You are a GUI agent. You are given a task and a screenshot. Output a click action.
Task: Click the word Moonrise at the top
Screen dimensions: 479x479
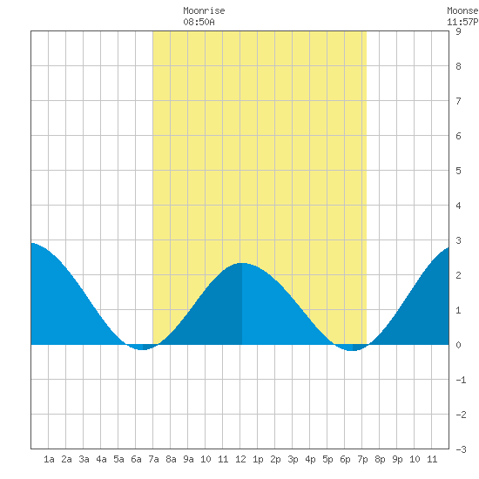point(204,10)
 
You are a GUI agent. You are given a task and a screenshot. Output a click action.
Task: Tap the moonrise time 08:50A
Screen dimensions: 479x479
point(199,22)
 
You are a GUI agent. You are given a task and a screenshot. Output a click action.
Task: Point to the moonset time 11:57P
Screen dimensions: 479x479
point(462,22)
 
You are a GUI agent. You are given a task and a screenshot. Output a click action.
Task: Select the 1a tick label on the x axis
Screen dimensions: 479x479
point(49,459)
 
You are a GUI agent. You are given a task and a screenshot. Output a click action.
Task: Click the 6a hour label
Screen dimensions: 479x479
point(136,459)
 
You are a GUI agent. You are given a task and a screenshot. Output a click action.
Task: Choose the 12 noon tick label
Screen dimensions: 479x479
point(240,459)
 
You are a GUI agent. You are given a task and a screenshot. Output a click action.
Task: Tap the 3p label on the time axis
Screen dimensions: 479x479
point(293,460)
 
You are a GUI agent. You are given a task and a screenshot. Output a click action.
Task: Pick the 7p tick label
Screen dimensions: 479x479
point(362,460)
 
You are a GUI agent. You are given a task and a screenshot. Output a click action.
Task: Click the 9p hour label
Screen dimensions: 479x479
point(397,460)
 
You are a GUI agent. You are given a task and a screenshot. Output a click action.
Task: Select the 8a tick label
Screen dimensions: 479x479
point(171,459)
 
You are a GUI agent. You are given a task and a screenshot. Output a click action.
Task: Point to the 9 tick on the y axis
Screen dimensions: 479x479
point(458,31)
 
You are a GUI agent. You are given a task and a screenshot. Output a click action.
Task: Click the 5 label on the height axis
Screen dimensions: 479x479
point(458,171)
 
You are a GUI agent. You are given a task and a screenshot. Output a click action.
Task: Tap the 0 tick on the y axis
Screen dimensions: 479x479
point(458,345)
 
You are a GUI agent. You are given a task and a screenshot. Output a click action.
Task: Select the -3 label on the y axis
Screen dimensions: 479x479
point(461,449)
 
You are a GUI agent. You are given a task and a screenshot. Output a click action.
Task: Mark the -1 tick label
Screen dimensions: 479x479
point(461,380)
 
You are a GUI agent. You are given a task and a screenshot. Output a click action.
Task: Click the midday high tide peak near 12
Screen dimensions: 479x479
point(242,263)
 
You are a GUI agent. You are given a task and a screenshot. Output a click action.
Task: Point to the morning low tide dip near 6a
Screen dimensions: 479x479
point(142,349)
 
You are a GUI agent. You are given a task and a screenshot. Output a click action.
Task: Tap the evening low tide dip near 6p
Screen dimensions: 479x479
point(352,350)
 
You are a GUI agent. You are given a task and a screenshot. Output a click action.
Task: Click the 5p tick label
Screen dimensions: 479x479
point(327,460)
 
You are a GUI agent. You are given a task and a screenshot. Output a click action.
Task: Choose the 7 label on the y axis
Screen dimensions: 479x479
point(458,101)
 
